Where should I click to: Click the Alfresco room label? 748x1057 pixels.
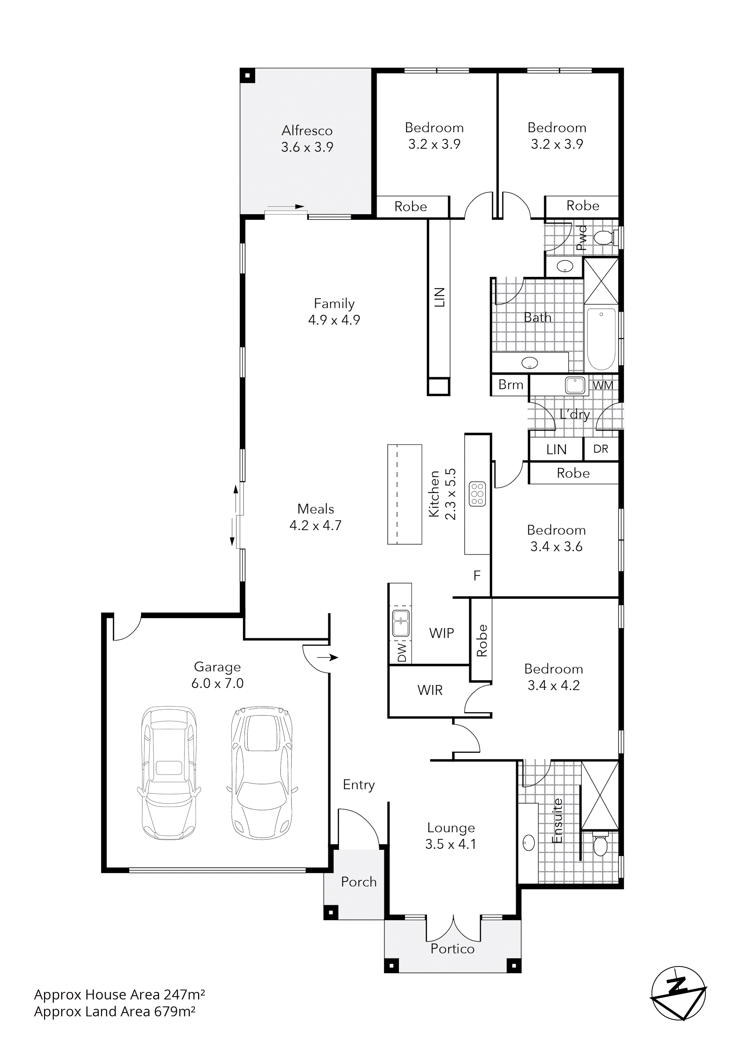click(x=307, y=131)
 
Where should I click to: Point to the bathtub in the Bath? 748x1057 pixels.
click(x=601, y=339)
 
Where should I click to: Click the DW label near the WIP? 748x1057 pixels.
click(x=402, y=653)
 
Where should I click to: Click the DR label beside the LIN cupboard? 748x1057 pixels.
click(x=600, y=449)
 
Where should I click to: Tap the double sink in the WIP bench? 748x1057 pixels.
click(x=400, y=623)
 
